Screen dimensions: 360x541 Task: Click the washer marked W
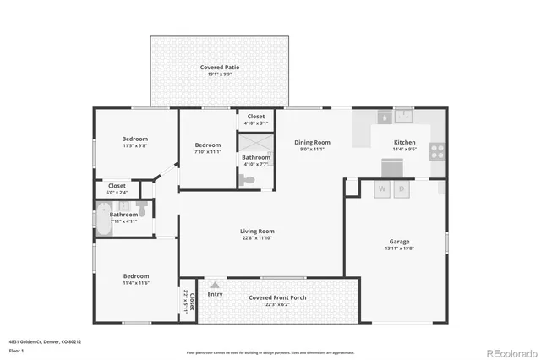click(x=382, y=189)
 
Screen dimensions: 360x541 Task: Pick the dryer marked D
click(x=402, y=189)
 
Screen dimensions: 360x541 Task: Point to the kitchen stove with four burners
click(x=438, y=152)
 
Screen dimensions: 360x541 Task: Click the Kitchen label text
click(x=405, y=142)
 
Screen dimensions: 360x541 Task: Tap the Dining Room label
click(x=312, y=143)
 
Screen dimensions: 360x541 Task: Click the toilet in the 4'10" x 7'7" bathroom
click(x=248, y=179)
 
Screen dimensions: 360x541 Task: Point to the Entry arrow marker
click(x=215, y=285)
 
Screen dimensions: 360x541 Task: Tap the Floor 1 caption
click(x=16, y=350)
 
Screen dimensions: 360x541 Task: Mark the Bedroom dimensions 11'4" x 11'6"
click(x=135, y=283)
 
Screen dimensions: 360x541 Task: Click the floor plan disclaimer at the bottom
click(x=270, y=352)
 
